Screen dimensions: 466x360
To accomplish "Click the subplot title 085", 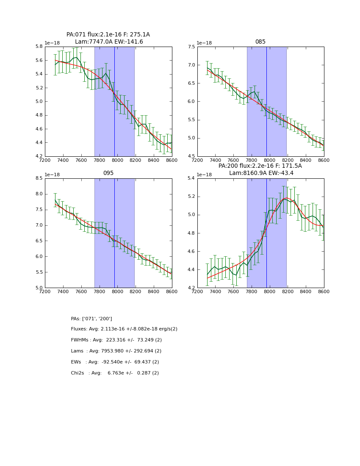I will pos(260,42).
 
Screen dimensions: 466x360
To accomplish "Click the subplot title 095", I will pos(108,173).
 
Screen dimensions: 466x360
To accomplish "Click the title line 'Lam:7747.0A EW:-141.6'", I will pos(109,42).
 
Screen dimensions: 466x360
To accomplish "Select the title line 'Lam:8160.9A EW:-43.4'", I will pos(260,173).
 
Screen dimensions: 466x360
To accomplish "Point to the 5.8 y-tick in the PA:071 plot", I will pos(38,47).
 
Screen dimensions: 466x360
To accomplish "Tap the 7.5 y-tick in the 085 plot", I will pos(191,47).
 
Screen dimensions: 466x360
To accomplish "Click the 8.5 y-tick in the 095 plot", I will pos(38,178).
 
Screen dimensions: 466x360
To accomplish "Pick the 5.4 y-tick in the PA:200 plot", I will pos(191,178).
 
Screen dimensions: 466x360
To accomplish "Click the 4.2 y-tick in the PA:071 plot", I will pos(38,156).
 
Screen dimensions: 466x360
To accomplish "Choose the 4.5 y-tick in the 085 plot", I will pos(191,156).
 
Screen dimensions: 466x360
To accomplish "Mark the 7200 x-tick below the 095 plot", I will pos(45,291).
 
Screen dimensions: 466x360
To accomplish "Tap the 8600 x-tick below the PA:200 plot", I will pos(324,291).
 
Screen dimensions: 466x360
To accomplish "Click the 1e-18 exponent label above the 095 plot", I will pos(52,175).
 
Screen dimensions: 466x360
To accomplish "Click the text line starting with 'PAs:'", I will pos(91,319).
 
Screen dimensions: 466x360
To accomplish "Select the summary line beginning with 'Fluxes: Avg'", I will pos(124,329).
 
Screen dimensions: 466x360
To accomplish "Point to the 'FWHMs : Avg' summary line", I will pos(116,340).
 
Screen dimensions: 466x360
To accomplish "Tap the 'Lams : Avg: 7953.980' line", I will pos(116,351).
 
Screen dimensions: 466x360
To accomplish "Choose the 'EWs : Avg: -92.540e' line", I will pos(115,362).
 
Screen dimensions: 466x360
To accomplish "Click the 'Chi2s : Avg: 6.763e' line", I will pos(115,373).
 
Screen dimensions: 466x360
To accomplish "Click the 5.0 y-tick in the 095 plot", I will pos(38,288).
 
